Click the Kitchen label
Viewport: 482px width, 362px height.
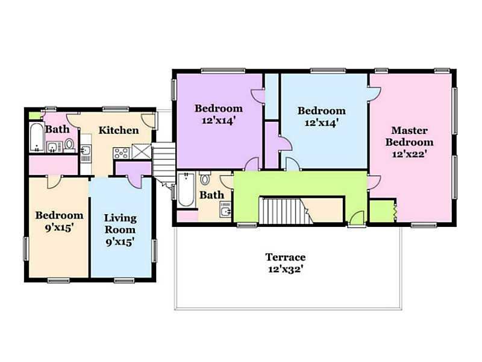click(x=118, y=130)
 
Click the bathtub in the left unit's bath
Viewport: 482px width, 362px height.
click(x=37, y=138)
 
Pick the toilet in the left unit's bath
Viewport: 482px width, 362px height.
click(x=69, y=145)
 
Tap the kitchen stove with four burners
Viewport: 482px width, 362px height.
click(x=122, y=153)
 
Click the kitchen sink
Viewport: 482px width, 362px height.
click(x=86, y=150)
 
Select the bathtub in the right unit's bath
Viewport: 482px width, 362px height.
click(x=186, y=189)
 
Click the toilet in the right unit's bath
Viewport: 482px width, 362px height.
click(x=204, y=178)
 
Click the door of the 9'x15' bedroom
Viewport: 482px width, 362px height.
click(x=55, y=182)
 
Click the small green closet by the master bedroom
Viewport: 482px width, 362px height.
click(x=381, y=211)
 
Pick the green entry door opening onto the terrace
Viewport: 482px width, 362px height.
click(x=357, y=218)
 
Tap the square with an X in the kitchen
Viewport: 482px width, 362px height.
click(x=142, y=151)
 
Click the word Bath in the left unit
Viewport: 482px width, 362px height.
click(x=57, y=129)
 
